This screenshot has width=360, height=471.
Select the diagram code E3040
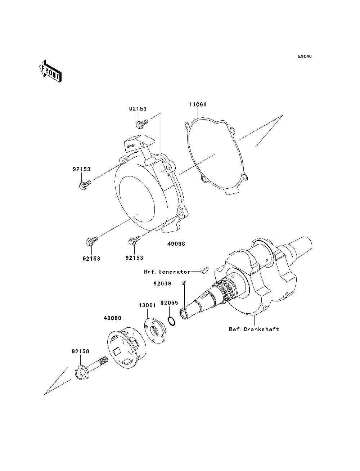305,57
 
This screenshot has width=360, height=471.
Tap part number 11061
198,105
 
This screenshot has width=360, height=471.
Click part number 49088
176,244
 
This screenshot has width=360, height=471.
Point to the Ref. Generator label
167,272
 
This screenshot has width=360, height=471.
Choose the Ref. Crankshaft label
254,329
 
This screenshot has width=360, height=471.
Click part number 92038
162,283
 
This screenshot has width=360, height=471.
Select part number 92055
169,303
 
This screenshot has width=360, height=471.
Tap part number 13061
147,305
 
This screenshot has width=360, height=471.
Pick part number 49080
112,318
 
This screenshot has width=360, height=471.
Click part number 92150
80,351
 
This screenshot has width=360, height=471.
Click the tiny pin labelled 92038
184,283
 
